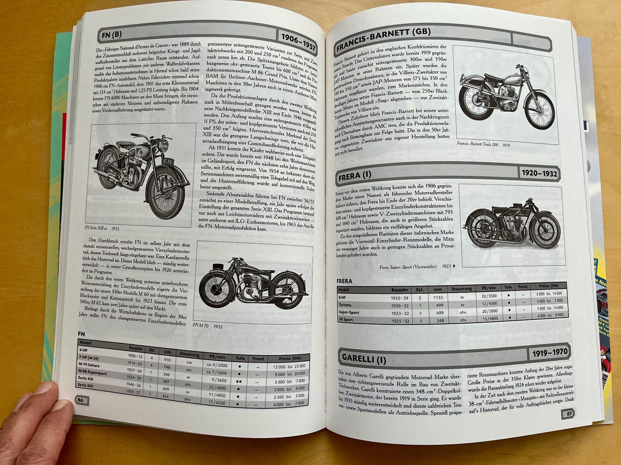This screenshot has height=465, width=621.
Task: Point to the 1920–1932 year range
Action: [539, 173]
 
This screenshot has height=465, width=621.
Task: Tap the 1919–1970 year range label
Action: [550, 353]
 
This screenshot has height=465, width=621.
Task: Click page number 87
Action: [569, 414]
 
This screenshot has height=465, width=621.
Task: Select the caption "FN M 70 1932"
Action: [207, 326]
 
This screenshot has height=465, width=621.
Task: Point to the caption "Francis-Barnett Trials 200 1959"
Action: [483, 145]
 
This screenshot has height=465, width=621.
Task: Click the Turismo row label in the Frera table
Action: [345, 305]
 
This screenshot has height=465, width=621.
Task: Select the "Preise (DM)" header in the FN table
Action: [290, 359]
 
